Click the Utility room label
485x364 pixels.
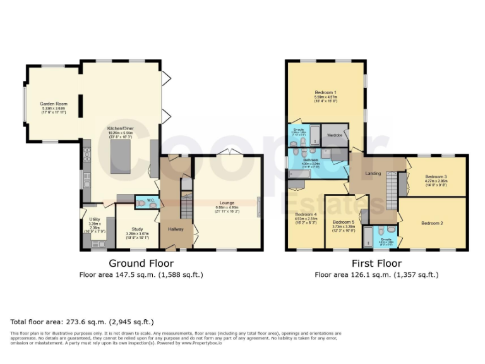[x=95, y=219]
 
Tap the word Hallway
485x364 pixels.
[x=176, y=228]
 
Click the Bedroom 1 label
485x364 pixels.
[x=325, y=93]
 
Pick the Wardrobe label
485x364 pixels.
[x=334, y=135]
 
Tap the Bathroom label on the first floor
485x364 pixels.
[x=310, y=161]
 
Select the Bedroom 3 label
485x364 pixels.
[x=436, y=176]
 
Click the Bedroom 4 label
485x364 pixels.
[x=306, y=214]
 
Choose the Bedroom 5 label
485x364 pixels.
[x=344, y=222]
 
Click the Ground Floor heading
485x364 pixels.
[x=141, y=263]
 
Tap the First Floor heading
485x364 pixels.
[x=376, y=263]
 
